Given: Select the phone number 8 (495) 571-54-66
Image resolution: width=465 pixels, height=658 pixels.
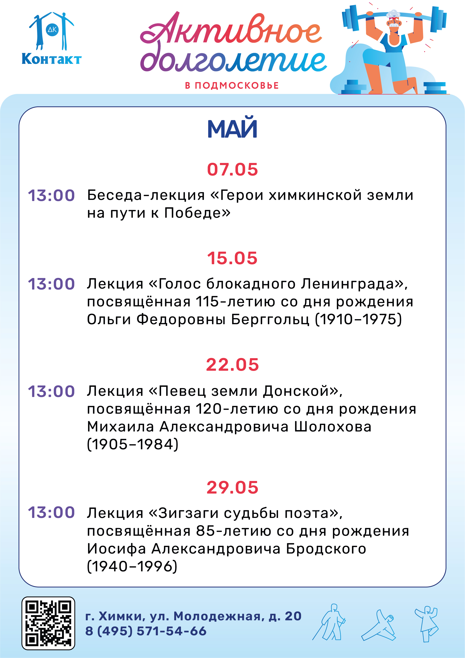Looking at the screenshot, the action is [x=146, y=631].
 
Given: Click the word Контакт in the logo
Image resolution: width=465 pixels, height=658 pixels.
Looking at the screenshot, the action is [x=52, y=59].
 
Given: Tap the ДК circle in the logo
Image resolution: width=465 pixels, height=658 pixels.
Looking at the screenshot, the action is [x=52, y=29].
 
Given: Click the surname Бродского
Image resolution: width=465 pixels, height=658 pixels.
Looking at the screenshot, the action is [x=326, y=548].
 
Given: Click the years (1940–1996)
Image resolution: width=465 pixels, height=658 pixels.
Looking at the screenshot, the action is [x=132, y=566].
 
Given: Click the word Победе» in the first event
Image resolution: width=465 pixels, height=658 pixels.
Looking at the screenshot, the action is [x=197, y=213].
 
